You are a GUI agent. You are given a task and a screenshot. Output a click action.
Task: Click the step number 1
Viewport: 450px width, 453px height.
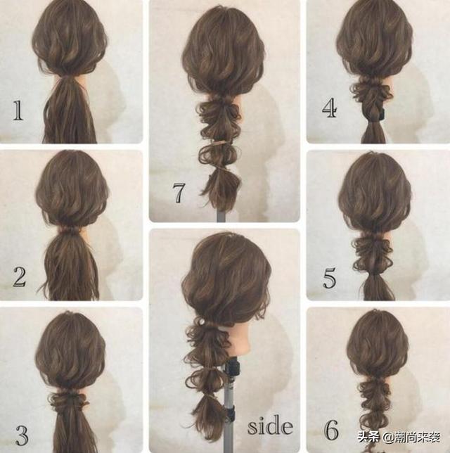click(x=18, y=110)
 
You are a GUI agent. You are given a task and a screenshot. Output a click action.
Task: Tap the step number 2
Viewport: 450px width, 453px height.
click(x=20, y=276)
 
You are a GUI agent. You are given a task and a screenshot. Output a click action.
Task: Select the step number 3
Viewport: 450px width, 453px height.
click(x=21, y=435)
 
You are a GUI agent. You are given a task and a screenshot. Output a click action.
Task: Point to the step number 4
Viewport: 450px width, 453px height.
click(x=329, y=108)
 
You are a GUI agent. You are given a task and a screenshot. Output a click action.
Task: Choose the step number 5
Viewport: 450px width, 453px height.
click(x=329, y=279)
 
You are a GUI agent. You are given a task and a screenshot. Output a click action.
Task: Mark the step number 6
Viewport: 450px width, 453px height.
click(x=331, y=430)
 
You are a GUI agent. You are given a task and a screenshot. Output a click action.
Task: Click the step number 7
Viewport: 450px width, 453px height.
click(x=179, y=193)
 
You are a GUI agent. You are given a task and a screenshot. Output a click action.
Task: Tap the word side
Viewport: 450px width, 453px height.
click(x=270, y=426)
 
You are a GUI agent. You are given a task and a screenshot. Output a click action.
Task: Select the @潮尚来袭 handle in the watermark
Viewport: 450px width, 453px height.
click(x=411, y=438)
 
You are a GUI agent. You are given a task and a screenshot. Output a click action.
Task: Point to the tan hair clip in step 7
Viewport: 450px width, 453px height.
click(x=219, y=144)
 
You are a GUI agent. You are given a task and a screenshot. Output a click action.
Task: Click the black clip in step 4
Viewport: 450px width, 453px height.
click(x=382, y=114)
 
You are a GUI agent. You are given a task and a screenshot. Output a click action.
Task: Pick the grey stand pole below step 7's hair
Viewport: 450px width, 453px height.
click(x=221, y=216)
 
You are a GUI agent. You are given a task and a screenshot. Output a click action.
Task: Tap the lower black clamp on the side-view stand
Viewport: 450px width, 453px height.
click(x=231, y=413)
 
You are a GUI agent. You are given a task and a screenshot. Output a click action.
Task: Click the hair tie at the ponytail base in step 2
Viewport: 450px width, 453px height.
click(x=70, y=230)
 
